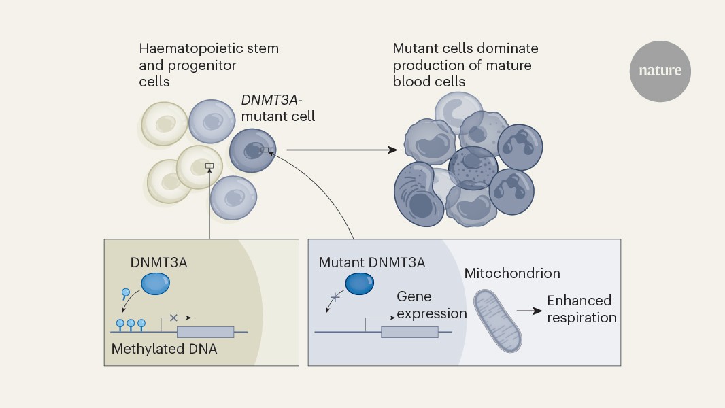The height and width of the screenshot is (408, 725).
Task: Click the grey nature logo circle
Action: pos(660,71)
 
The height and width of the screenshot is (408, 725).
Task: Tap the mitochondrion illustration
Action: pos(497,320)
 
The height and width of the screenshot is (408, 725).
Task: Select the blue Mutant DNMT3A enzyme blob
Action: pos(360,285)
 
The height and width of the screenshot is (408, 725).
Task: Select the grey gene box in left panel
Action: pos(205,332)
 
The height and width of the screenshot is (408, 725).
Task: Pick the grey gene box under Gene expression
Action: pos(409,332)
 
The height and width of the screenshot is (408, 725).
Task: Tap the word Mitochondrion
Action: pos(512,273)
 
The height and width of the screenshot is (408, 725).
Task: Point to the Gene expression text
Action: pos(432,305)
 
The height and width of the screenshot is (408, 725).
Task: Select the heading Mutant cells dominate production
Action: pos(465,65)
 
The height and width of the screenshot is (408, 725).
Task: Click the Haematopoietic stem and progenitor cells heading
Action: pos(208,65)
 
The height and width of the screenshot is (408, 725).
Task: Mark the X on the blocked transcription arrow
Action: pos(173,317)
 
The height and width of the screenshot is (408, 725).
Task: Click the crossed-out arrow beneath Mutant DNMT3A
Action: pos(333,299)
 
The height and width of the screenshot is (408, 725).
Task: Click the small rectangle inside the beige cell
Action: pos(209,165)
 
